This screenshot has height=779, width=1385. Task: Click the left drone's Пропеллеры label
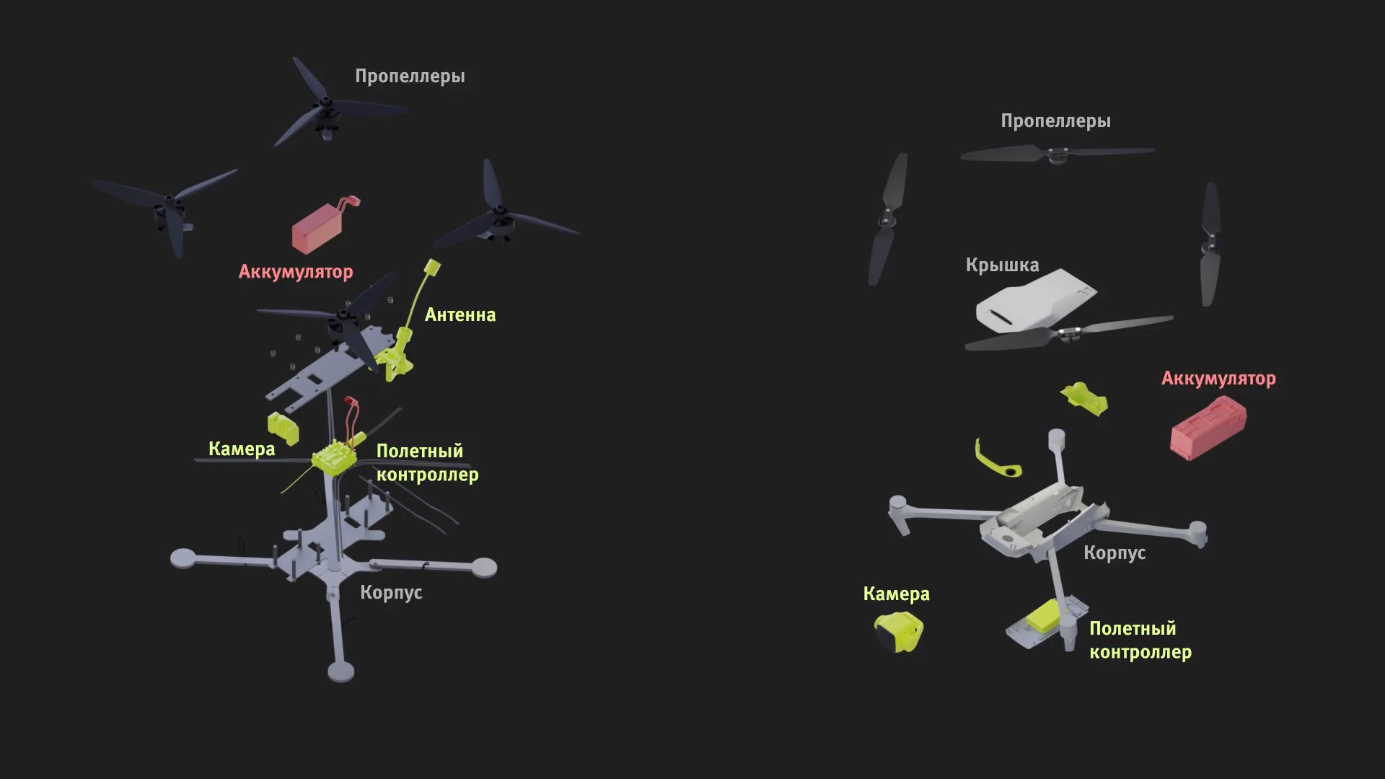(410, 76)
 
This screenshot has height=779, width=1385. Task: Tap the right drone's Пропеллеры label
(1055, 121)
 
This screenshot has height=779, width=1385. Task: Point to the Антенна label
(460, 314)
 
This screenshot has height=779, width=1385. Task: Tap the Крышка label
(1002, 265)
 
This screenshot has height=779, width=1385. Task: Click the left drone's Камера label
(242, 449)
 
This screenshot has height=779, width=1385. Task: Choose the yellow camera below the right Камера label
(899, 632)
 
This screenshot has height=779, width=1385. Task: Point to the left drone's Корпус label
(391, 592)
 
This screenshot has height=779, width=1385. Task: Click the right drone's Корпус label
(1114, 553)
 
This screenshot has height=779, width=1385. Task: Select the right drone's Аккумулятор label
(1218, 379)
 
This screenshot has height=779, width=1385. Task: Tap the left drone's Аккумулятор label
(296, 272)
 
